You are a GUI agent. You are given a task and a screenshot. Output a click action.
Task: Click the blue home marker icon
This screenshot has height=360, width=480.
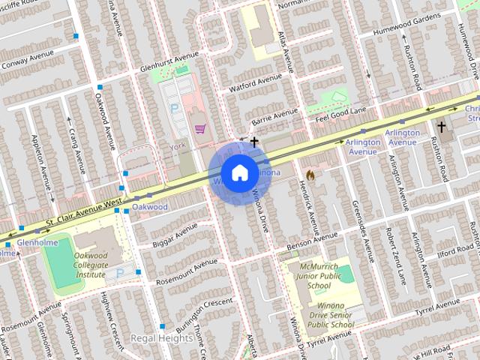click(238, 172)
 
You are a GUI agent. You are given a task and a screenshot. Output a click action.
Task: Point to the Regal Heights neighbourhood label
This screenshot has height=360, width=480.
click(161, 338)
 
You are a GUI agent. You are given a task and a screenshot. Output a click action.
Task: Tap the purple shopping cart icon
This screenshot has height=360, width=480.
click(199, 128)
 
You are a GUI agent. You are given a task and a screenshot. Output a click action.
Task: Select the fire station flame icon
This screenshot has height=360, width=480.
click(310, 173)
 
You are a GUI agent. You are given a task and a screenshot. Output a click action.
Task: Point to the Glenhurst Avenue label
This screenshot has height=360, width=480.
click(169, 62)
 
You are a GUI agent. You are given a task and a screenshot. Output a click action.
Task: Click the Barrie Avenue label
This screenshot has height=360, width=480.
click(274, 117)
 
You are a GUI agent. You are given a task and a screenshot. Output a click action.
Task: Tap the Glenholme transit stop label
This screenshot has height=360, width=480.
click(33, 243)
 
